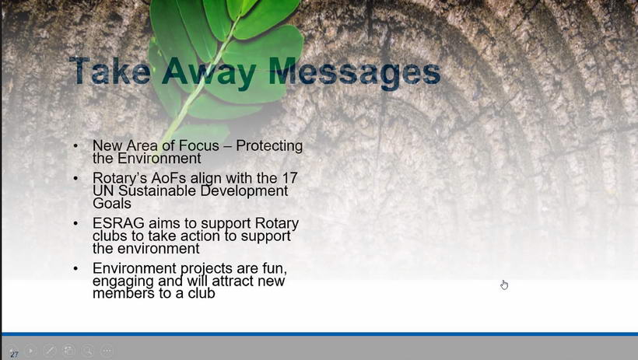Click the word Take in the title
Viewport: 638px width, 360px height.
tap(110, 71)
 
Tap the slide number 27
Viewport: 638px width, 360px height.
tap(14, 355)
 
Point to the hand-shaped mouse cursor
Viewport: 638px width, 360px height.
tap(504, 285)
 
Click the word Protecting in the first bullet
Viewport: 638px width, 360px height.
tap(269, 145)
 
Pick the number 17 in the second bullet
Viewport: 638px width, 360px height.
tap(289, 178)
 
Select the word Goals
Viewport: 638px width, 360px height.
tap(112, 203)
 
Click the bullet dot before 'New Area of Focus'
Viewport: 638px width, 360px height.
tap(75, 145)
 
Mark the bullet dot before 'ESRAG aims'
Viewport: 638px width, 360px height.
tap(75, 223)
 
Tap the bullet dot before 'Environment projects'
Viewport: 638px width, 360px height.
tap(75, 268)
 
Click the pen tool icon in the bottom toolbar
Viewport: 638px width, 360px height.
tap(50, 350)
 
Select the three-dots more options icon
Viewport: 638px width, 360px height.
tap(107, 350)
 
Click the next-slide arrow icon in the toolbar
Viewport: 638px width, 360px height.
tap(30, 350)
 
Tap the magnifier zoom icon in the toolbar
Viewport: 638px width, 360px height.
tap(88, 350)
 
